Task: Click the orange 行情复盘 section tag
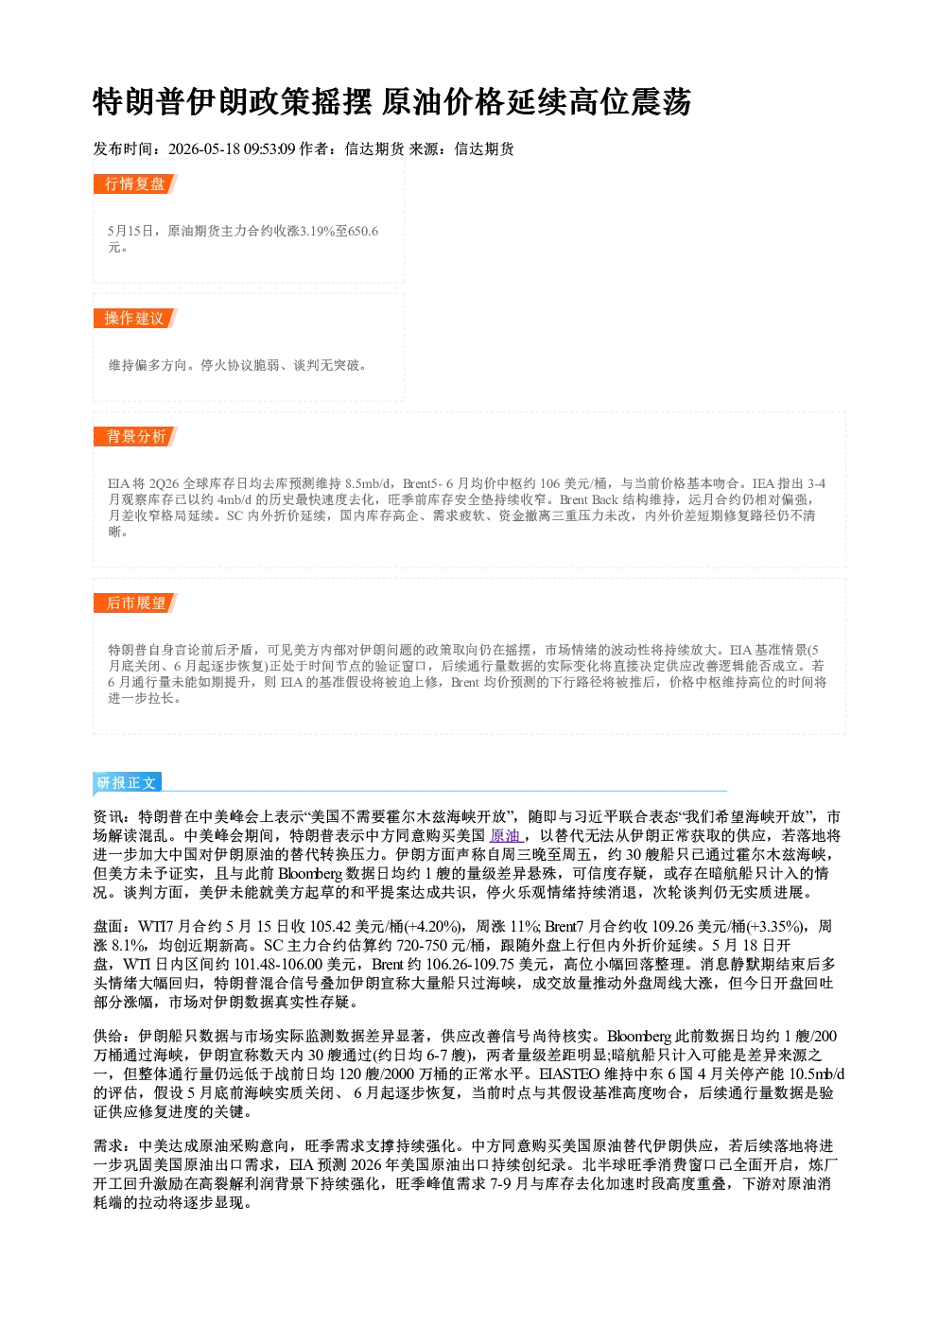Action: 135,183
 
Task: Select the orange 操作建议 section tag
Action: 135,318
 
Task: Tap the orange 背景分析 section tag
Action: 135,437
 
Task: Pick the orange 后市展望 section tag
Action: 135,603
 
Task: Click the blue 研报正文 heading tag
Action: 128,782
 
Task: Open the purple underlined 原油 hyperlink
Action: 505,836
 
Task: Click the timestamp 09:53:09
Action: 269,149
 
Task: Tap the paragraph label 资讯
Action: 109,817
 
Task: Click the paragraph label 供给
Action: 109,1036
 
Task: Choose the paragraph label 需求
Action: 109,1146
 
